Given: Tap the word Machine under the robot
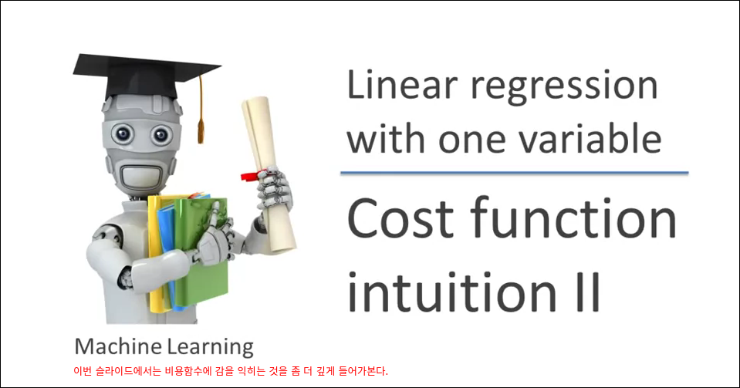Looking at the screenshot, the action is tap(118, 346).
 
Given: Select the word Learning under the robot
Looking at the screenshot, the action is tap(210, 348).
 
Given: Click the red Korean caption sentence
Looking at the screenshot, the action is tap(231, 371).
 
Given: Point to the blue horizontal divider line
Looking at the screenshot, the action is tap(515, 173).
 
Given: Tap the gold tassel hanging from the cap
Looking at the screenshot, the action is tap(201, 110).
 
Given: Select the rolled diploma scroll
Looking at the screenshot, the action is tap(269, 174).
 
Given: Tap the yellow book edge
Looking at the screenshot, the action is tap(155, 255).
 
